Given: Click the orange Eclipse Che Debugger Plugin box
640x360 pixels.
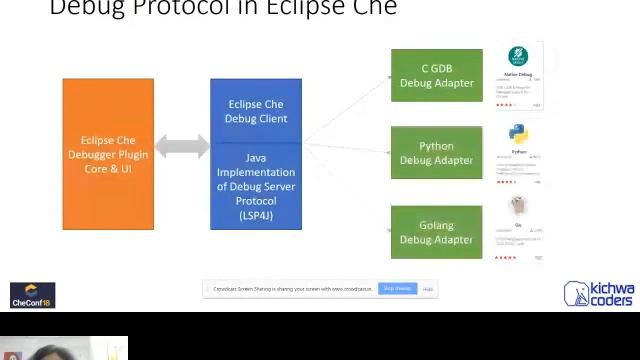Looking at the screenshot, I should click(x=108, y=154).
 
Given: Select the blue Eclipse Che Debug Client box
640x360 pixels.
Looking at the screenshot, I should click(x=256, y=111).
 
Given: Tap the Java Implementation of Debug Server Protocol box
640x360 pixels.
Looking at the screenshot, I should click(x=256, y=187).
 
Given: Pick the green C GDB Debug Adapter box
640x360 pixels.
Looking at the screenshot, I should click(x=436, y=76).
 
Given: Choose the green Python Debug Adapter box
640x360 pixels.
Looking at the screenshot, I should click(x=436, y=153).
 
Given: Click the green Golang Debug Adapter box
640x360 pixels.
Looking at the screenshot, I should click(x=436, y=232).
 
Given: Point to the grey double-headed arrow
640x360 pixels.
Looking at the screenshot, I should click(x=182, y=147).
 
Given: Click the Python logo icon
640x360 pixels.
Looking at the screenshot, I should click(x=518, y=135).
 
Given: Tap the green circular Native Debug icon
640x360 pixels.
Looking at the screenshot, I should click(x=518, y=57).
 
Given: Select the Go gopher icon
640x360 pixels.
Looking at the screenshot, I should click(x=518, y=206).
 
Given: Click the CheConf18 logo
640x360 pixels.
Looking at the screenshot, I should click(x=32, y=295).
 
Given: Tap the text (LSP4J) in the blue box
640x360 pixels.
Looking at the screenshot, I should click(x=256, y=215).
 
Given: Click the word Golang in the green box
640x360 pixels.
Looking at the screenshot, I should click(x=436, y=225).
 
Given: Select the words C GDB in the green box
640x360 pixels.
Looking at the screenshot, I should click(x=436, y=69).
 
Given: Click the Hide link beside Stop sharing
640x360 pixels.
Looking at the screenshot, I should click(x=428, y=289).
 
